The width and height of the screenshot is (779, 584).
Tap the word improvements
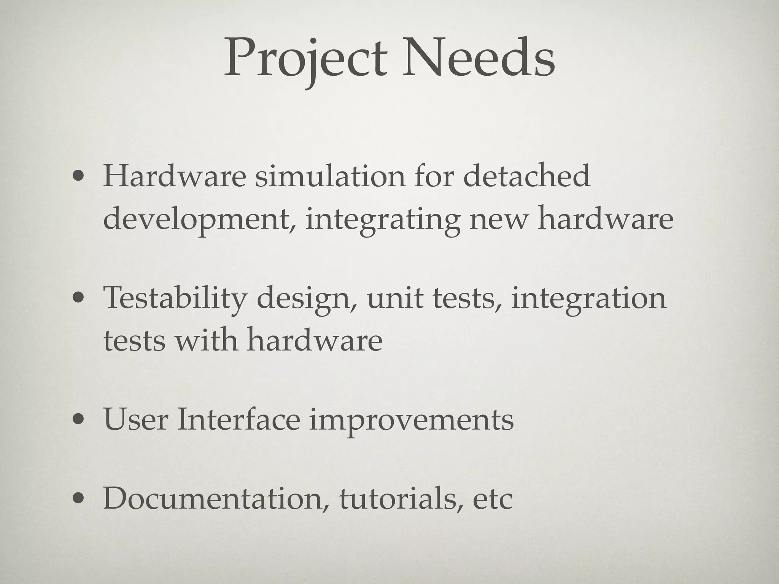[411, 421]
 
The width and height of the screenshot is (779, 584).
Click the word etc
[493, 499]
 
